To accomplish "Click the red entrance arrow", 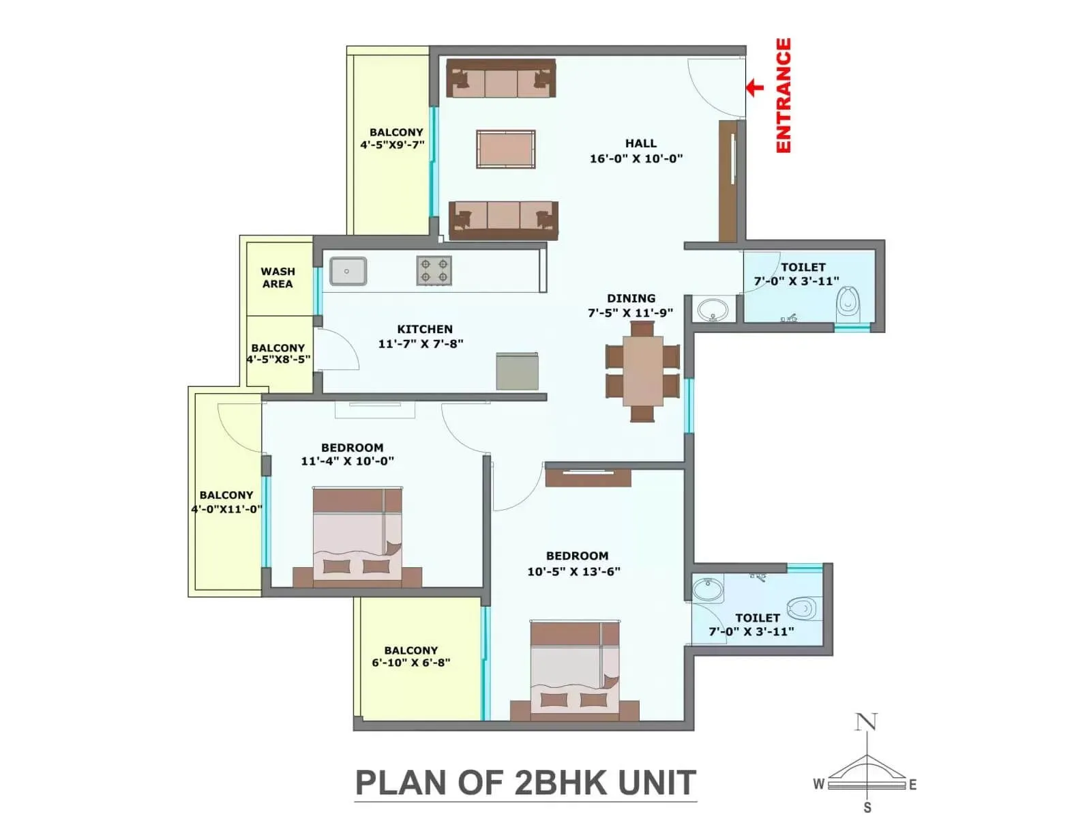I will point(754,87).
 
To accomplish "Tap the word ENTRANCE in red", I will point(783,96).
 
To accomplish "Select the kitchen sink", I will point(348,271).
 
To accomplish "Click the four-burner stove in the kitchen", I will point(434,270).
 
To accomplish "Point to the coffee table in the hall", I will point(505,149).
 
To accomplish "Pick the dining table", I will point(642,372).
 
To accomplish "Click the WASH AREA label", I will point(278,278).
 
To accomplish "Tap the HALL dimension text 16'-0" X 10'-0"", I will point(636,158).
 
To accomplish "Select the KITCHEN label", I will point(425,329).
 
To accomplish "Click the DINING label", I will point(631,298).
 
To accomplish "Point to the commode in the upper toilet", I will point(847,301).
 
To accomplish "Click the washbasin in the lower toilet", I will point(708,590).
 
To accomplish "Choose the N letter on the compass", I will point(866,721).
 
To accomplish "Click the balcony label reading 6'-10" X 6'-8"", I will point(411,663).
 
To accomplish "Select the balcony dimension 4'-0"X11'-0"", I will point(226,509).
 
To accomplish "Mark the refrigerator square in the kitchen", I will point(517,372).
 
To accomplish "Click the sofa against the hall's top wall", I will point(501,78).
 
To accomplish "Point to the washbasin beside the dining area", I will point(713,310).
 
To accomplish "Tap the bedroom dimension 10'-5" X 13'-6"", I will point(573,571).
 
